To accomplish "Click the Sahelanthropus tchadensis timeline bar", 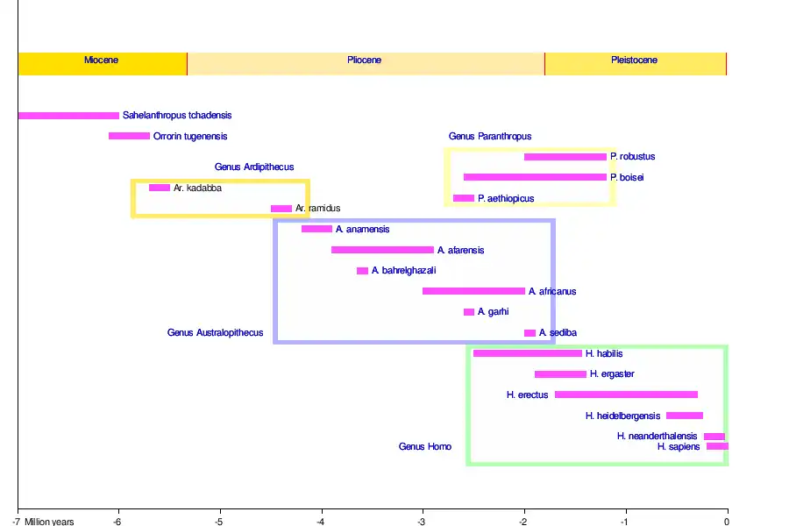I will pos(68,116).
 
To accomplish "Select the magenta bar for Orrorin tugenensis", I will pos(129,136).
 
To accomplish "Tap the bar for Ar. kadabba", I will pos(160,188).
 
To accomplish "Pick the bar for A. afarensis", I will pos(382,250).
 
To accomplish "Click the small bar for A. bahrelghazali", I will pos(362,271).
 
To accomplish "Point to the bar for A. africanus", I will pos(473,291).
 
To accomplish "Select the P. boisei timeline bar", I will pos(535,177).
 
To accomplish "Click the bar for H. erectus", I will pos(626,394).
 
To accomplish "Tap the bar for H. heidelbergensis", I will pos(684,416).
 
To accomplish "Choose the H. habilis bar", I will pos(528,353).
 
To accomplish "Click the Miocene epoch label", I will pos(101,60).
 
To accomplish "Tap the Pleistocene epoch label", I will pos(634,60).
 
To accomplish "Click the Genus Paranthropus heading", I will pos(490,137).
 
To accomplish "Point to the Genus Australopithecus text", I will pos(215,333).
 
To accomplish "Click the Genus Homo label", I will pos(425,447).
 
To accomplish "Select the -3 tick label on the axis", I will pos(422,522).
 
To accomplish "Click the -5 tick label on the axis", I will pos(218,522).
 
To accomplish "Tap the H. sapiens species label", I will pos(679,447).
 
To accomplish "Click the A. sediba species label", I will pos(558,333).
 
